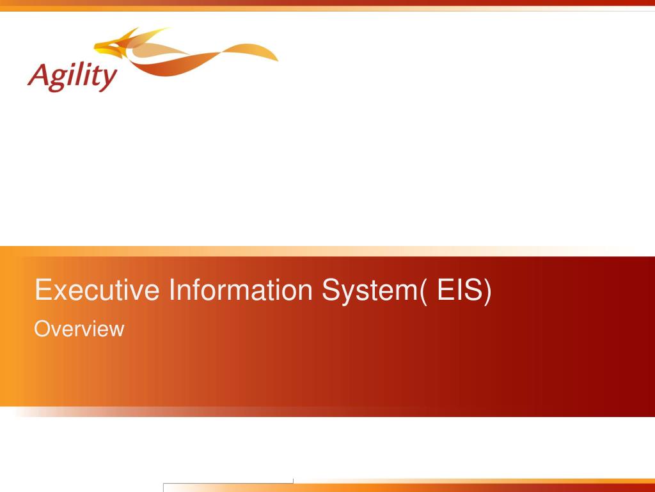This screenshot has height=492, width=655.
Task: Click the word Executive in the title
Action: pyautogui.click(x=97, y=290)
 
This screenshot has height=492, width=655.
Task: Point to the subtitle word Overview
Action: pyautogui.click(x=79, y=329)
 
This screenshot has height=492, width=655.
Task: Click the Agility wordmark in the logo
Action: pyautogui.click(x=72, y=78)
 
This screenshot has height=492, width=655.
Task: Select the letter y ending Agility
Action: pyautogui.click(x=109, y=80)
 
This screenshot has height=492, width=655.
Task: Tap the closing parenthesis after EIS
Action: pyautogui.click(x=488, y=290)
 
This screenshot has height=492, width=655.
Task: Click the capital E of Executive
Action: pyautogui.click(x=43, y=290)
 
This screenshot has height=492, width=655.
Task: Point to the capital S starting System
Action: pyautogui.click(x=330, y=290)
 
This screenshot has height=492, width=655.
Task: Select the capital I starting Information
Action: pyautogui.click(x=173, y=290)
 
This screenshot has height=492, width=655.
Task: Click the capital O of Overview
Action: pyautogui.click(x=41, y=329)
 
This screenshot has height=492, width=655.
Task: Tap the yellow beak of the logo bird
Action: pyautogui.click(x=100, y=45)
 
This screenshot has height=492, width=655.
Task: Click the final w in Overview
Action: pyautogui.click(x=118, y=330)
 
